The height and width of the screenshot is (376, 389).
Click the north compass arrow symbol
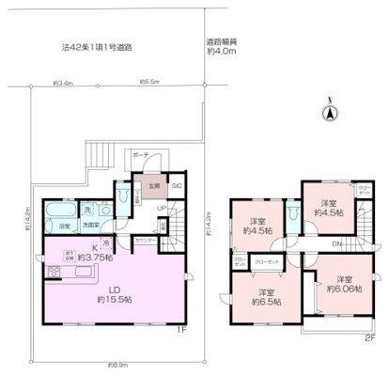[x=330, y=113]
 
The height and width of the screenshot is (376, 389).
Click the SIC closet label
[x=175, y=185]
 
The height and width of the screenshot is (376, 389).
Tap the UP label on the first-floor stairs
[x=161, y=209]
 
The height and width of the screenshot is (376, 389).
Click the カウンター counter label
[x=146, y=240]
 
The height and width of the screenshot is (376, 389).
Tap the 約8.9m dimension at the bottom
[x=117, y=364]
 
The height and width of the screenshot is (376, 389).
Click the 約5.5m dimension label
[x=149, y=82]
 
